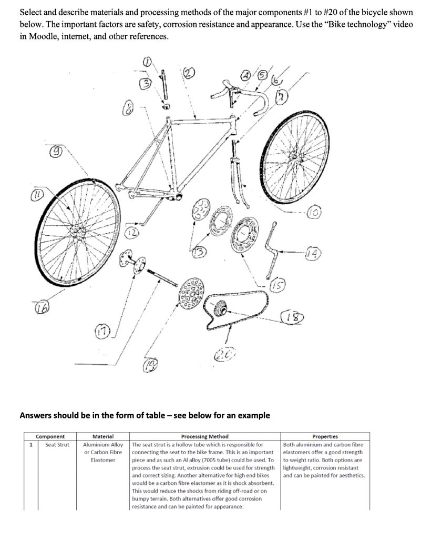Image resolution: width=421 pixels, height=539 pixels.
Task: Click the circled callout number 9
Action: click(54, 152)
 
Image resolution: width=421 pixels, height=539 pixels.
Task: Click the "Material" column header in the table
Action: click(103, 436)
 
